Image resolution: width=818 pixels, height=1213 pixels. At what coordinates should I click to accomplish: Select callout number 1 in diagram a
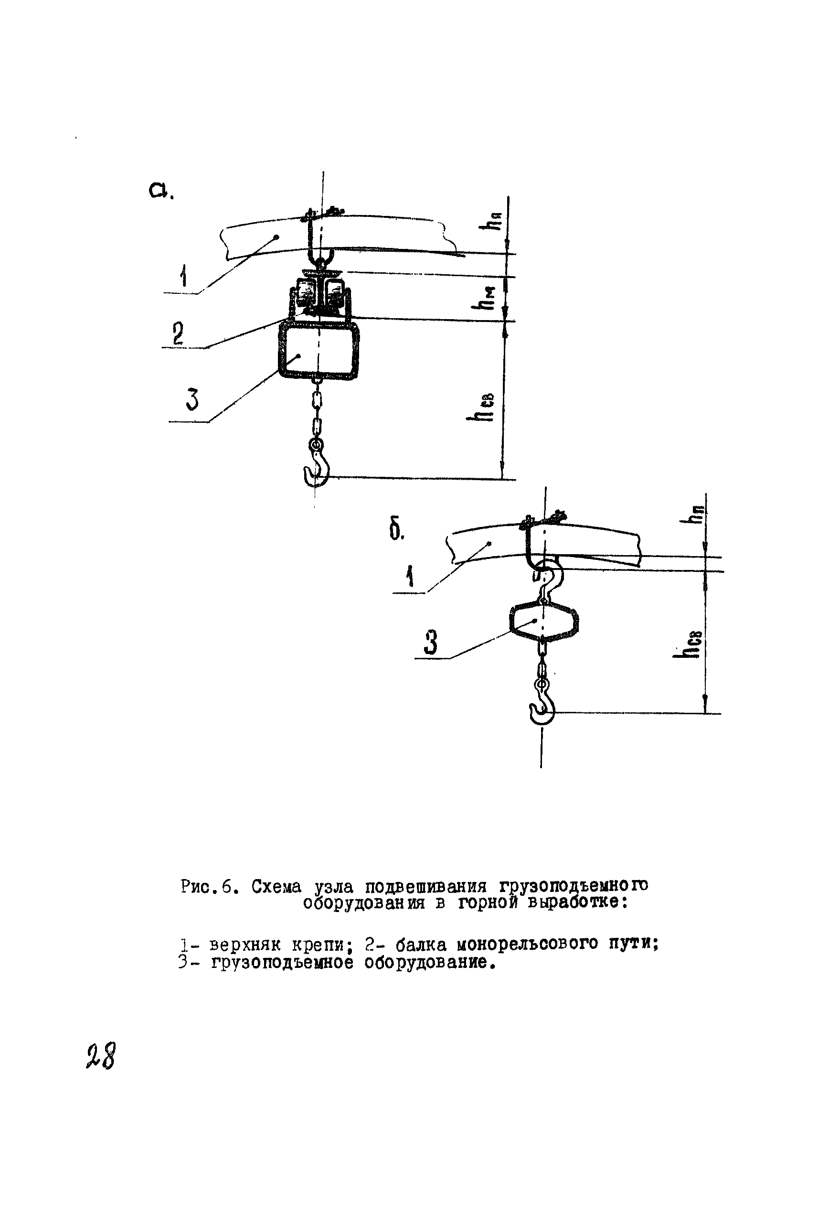point(183,276)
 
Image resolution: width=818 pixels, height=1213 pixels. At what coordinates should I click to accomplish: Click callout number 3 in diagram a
point(192,400)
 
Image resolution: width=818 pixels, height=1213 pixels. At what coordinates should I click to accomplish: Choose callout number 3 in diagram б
point(430,642)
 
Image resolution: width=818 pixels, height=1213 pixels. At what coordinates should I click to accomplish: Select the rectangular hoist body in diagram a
point(319,349)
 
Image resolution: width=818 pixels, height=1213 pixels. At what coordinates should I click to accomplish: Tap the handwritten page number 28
point(101,1057)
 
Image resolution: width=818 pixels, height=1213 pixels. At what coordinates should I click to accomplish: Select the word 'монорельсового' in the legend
point(527,944)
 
